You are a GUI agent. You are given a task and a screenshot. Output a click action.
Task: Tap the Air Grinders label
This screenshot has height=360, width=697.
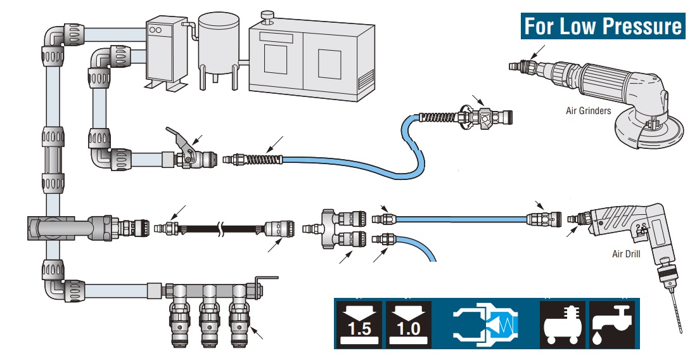coord(589,111)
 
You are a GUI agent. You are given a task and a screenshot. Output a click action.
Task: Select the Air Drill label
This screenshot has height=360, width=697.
coord(626,254)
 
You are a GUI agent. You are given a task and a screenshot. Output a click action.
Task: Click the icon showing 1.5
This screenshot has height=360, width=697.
coord(359,324)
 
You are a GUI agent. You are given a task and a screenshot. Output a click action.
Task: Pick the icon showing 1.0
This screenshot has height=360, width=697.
coord(409,324)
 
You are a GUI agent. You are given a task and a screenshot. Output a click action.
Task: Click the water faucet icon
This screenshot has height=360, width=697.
coord(613,324)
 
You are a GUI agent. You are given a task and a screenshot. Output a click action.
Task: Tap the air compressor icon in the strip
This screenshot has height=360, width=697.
coord(563,324)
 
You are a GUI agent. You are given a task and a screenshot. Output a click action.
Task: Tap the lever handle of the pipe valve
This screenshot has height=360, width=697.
coord(180,137)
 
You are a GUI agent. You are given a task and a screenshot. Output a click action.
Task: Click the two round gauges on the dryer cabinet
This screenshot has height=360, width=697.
coord(156,30)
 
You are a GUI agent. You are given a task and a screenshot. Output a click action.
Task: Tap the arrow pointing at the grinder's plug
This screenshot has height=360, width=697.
coord(537,51)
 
